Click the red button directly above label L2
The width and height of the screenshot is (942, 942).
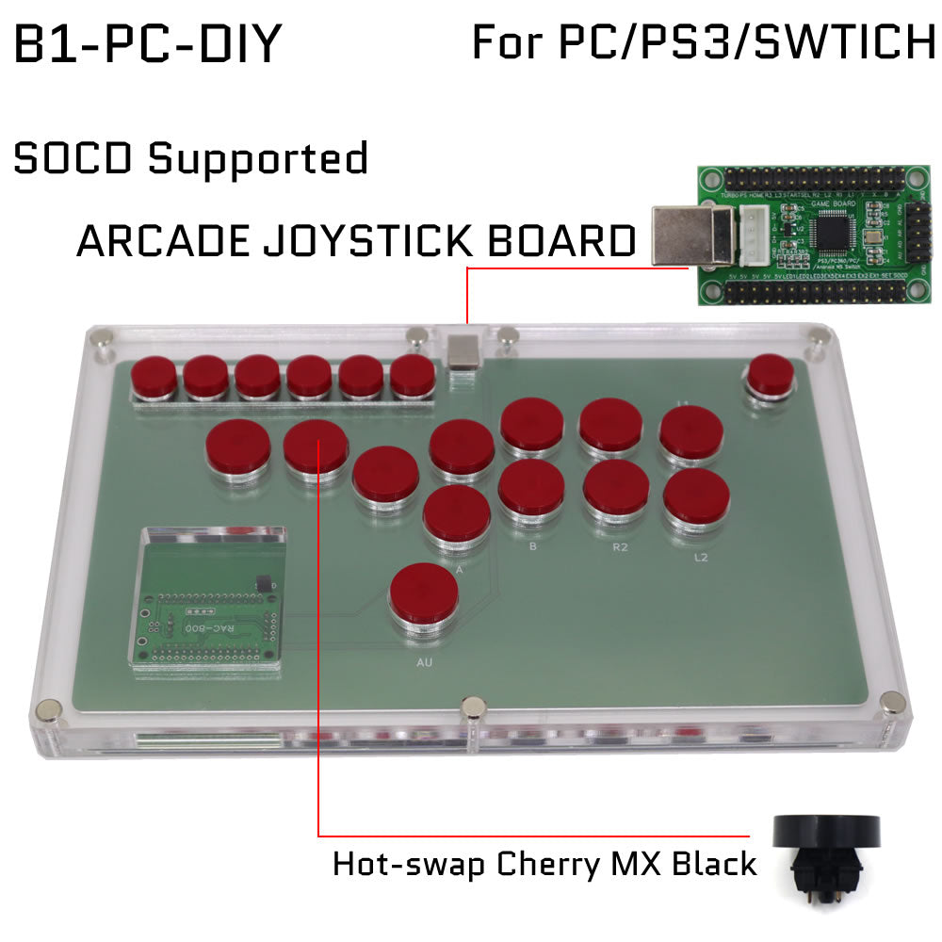[696, 499]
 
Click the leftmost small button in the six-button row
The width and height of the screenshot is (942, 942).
[153, 379]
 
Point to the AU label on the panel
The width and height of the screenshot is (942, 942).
[424, 663]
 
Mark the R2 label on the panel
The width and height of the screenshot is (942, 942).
[619, 545]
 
